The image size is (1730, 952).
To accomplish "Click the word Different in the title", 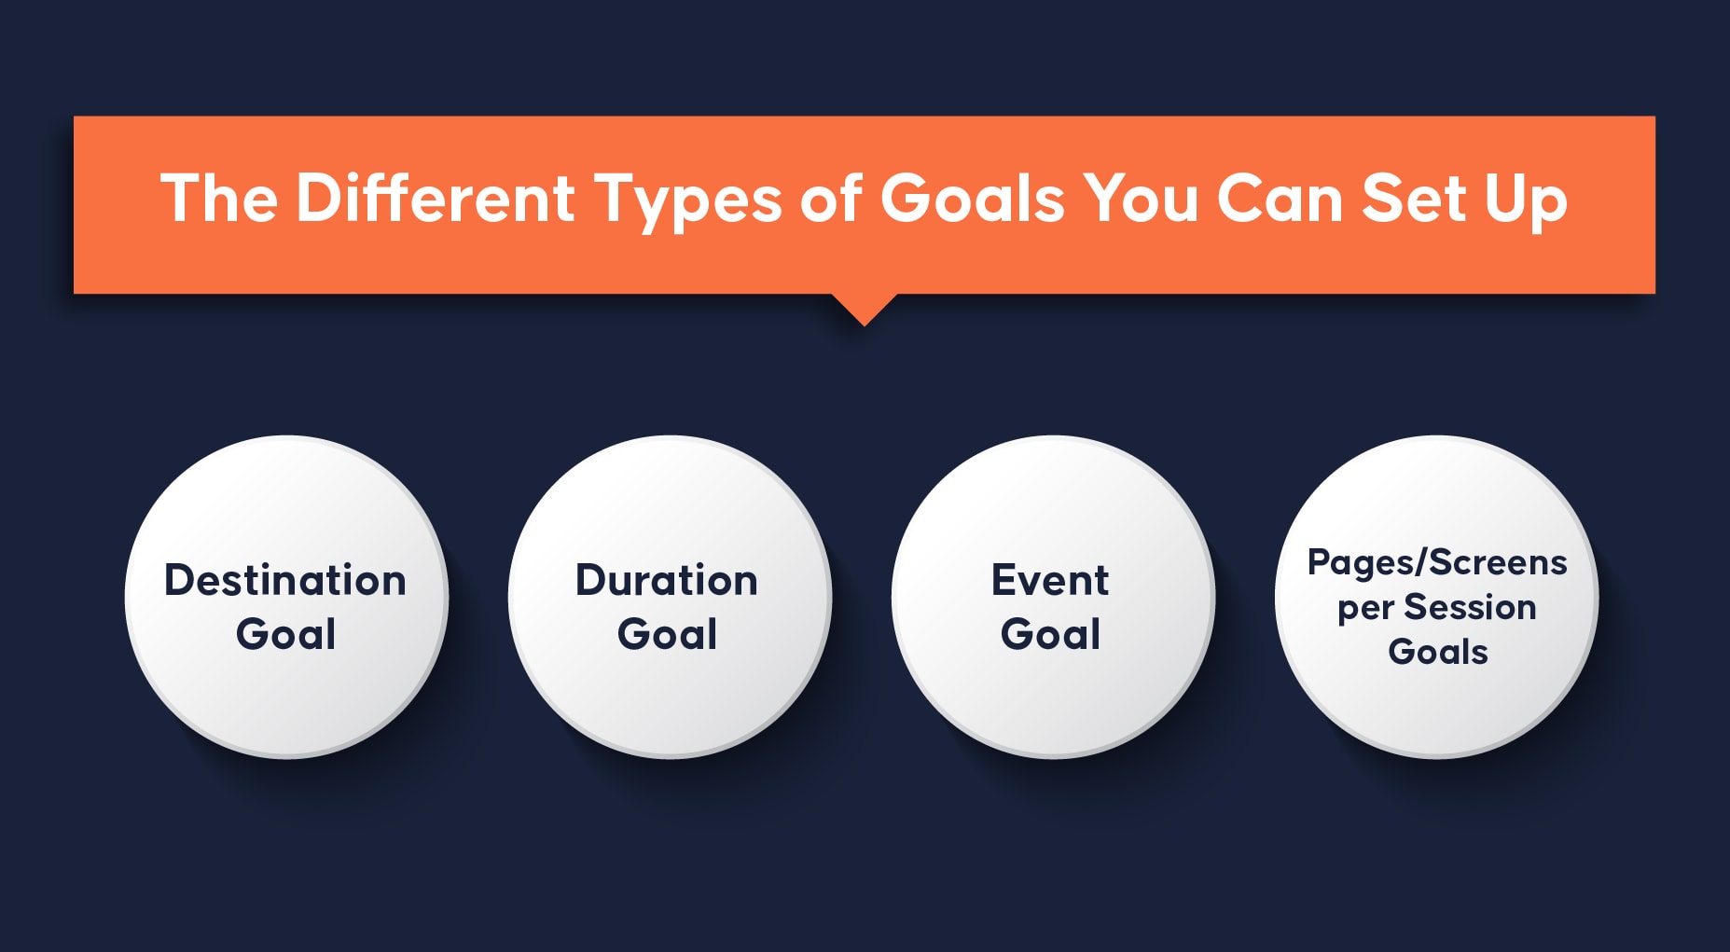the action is point(436,198).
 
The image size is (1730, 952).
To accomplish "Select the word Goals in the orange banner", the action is point(972,198).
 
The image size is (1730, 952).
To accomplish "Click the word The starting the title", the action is point(219,198).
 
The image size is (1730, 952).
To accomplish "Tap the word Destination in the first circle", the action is point(285,580).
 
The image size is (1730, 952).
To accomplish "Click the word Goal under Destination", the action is point(285,634).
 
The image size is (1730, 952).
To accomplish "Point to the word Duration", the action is point(667,580).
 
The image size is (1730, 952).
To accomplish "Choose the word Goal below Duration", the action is point(667,634).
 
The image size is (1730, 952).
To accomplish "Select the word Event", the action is point(1050,580).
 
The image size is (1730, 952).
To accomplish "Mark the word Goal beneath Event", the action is point(1050,634).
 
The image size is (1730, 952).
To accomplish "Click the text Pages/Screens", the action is point(1437,563).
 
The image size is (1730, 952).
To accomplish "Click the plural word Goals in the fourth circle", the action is point(1438,652).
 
